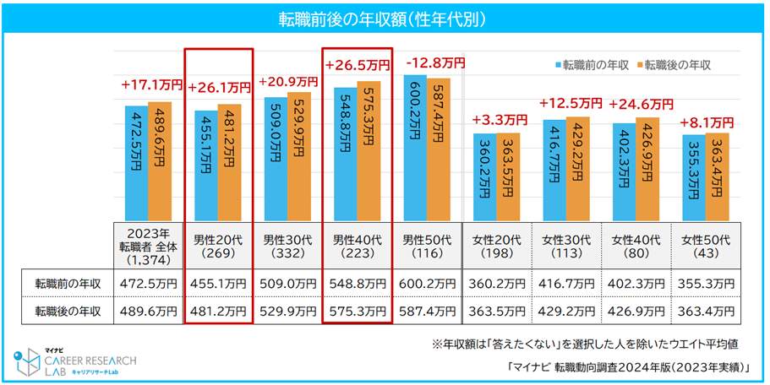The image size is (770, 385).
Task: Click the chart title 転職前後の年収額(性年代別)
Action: pyautogui.click(x=385, y=17)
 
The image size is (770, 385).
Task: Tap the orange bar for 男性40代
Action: pyautogui.click(x=369, y=151)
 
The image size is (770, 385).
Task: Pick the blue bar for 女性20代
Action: pyautogui.click(x=485, y=176)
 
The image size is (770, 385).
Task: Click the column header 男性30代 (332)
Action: pyautogui.click(x=288, y=246)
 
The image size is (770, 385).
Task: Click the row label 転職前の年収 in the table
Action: pyautogui.click(x=68, y=285)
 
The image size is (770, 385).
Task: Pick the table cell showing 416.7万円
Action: pyautogui.click(x=566, y=285)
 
